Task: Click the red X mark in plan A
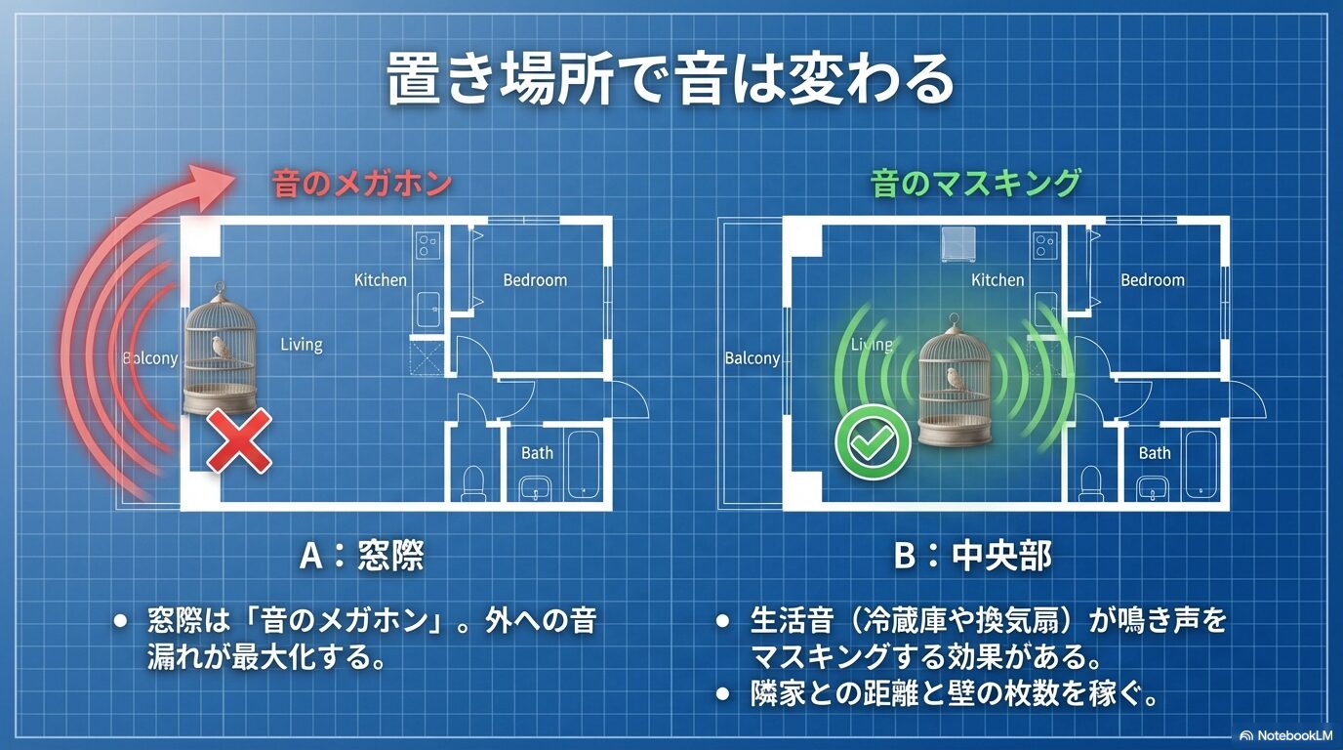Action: (238, 441)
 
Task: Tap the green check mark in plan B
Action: (873, 442)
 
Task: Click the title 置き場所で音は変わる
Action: (670, 79)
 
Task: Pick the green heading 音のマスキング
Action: (976, 183)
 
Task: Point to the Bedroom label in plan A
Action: (535, 280)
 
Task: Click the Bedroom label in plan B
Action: (1152, 280)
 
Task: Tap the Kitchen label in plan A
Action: (380, 280)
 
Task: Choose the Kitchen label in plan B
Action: (997, 280)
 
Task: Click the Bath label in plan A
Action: (537, 452)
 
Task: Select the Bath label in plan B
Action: (1154, 452)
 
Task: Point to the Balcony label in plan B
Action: (753, 358)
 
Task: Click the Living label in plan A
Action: (301, 344)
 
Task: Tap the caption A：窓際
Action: (361, 556)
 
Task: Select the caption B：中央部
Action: (973, 556)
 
